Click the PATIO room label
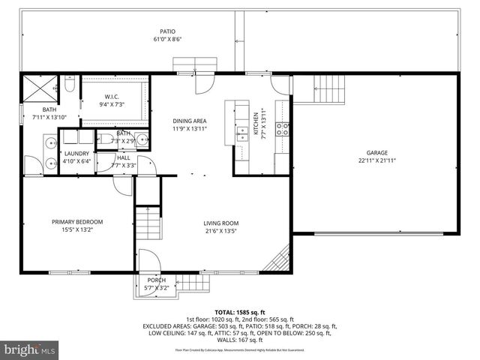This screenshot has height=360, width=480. (166, 31)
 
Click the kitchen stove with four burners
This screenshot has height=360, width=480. (283, 128)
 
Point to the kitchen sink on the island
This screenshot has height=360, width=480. (242, 133)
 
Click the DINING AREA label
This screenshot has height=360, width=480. (190, 121)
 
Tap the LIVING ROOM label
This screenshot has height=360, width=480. (220, 223)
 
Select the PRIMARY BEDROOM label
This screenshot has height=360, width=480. (76, 221)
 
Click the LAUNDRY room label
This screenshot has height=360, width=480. (76, 153)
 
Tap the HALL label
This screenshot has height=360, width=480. (124, 157)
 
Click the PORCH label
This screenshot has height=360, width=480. (156, 280)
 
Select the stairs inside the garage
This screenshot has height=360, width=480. (330, 88)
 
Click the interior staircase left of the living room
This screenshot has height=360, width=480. (149, 223)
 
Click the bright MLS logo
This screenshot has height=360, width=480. (30, 349)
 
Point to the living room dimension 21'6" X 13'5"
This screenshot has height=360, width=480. (220, 230)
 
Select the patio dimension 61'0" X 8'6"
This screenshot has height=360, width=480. (166, 39)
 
